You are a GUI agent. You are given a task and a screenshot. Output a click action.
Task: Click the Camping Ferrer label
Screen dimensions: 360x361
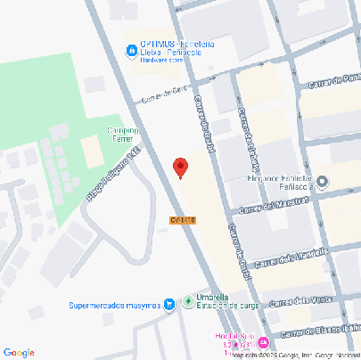[x=127, y=135]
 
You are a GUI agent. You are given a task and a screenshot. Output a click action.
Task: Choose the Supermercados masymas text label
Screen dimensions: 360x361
[x=113, y=306]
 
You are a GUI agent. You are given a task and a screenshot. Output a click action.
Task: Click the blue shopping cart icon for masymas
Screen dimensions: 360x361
[x=169, y=305]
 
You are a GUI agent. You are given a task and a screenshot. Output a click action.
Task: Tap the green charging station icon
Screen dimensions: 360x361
[x=187, y=301]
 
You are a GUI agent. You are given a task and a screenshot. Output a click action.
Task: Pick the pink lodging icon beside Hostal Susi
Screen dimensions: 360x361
[x=263, y=341]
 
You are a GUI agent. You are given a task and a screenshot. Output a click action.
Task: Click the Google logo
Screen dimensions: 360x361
[x=19, y=352]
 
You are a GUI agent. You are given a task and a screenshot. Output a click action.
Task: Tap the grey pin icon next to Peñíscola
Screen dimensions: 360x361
[x=322, y=183]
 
